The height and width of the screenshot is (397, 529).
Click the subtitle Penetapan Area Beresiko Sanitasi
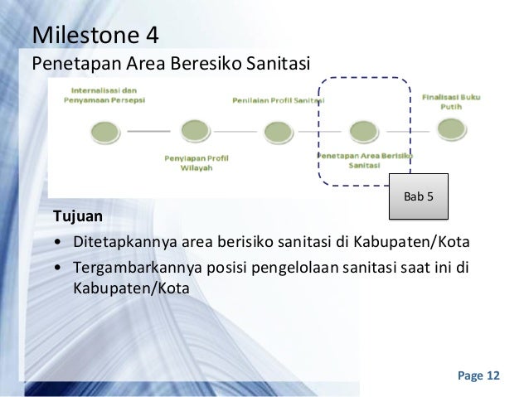click(x=169, y=63)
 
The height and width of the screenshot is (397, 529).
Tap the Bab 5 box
click(x=418, y=197)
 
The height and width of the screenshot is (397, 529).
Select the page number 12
click(x=493, y=376)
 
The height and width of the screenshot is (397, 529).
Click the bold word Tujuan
click(x=78, y=217)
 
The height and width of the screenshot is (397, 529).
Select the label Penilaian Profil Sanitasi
click(x=277, y=99)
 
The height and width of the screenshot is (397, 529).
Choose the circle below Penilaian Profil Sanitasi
click(x=277, y=132)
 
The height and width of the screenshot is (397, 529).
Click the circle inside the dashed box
click(x=363, y=131)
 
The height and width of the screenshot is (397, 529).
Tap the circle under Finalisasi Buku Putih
click(x=451, y=128)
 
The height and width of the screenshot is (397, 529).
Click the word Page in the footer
click(x=469, y=376)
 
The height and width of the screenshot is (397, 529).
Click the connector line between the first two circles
click(x=150, y=131)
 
